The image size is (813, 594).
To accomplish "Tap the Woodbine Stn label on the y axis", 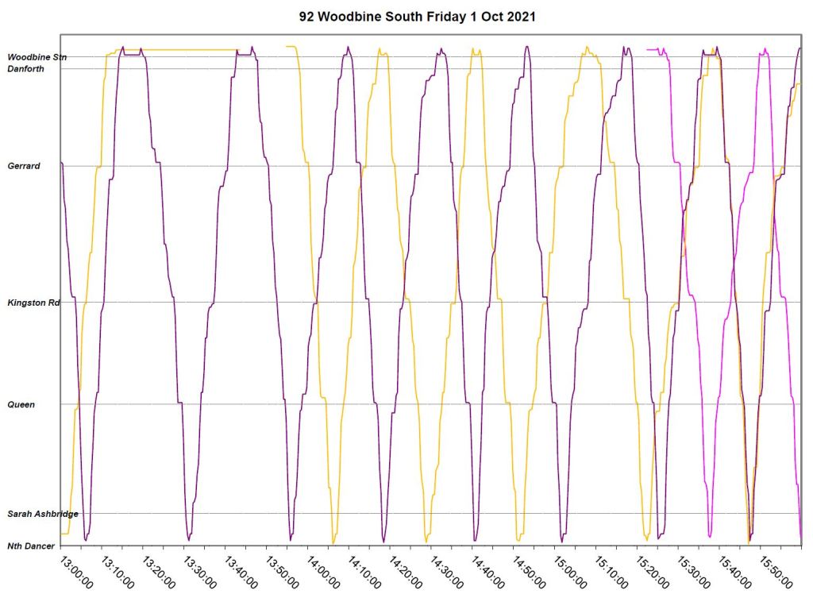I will [x=37, y=57].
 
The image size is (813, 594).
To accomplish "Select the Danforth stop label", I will [x=25, y=69].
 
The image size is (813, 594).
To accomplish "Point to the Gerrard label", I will [x=24, y=166].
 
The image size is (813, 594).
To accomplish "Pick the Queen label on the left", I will [x=21, y=404].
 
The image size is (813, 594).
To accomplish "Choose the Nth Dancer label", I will [x=31, y=546].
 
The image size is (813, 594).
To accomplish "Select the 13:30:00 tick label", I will [x=200, y=571].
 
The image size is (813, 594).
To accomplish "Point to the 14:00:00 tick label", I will [x=324, y=571].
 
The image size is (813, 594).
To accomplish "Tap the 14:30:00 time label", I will [x=447, y=571].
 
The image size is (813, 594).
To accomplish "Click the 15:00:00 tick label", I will [x=571, y=571].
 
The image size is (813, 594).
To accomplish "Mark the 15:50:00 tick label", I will [x=776, y=571].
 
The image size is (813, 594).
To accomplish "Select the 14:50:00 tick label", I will [x=530, y=571].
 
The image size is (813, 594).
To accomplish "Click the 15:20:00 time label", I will [x=653, y=571].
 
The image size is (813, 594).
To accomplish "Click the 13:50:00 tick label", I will [x=283, y=571].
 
